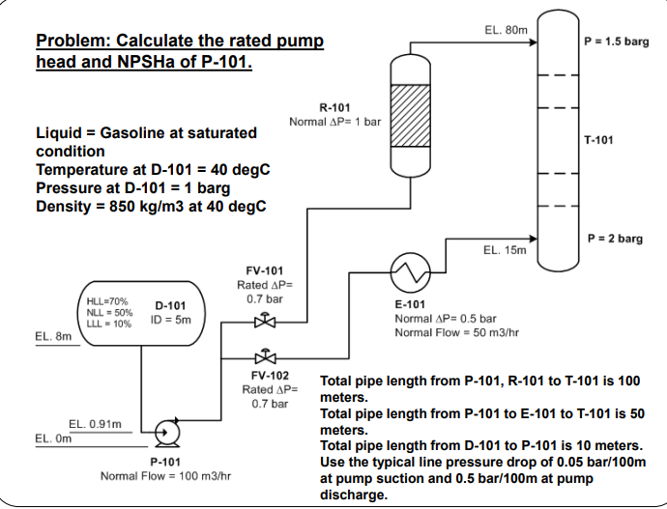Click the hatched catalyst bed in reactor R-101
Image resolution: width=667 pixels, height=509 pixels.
click(413, 113)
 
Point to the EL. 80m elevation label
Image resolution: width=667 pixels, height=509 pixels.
click(506, 31)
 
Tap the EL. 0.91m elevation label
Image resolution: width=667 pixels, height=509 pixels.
click(95, 423)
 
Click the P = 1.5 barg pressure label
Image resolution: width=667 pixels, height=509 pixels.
click(617, 42)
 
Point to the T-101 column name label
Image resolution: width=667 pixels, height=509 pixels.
click(599, 140)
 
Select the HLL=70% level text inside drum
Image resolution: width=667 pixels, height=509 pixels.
click(108, 302)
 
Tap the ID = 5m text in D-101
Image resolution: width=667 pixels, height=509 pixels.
click(171, 319)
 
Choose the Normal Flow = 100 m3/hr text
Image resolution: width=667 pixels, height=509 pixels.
click(164, 476)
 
